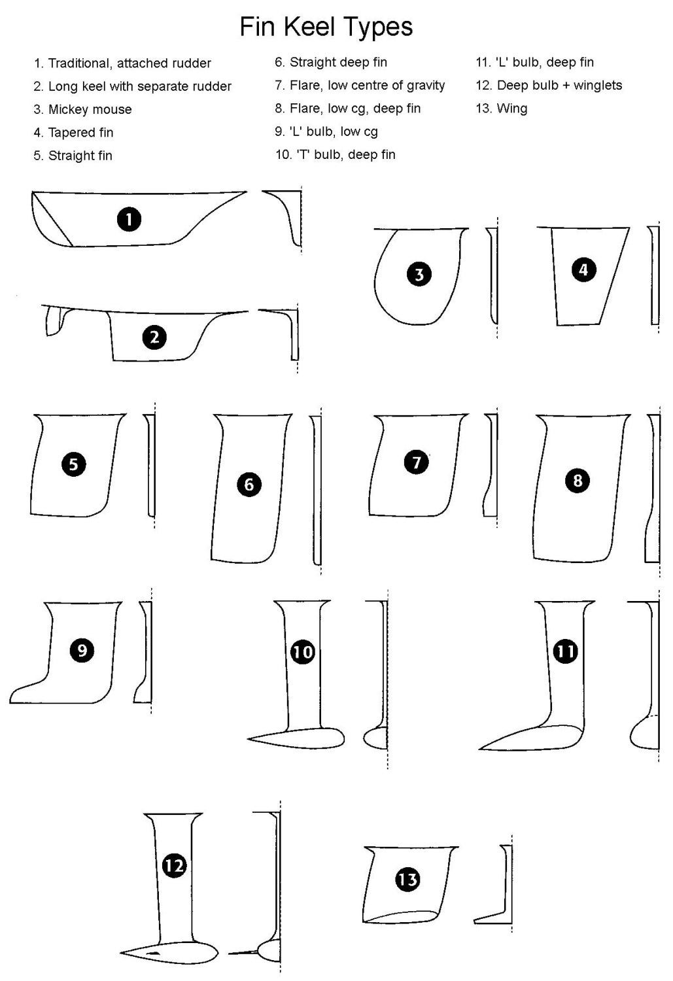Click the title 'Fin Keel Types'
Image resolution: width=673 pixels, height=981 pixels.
326,27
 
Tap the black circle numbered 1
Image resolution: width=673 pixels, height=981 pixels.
129,219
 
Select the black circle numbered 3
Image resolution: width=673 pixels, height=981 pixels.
419,275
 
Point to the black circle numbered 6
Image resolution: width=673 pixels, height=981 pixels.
249,485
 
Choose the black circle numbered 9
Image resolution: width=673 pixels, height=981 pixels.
82,650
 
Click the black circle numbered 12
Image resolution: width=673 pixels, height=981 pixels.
174,866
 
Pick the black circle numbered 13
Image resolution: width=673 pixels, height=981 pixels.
407,880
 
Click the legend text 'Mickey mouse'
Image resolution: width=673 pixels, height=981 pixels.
90,109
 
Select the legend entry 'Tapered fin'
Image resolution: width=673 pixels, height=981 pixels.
80,132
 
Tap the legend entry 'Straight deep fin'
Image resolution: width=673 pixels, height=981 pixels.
339,62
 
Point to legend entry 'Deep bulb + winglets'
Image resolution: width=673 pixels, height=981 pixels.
560,86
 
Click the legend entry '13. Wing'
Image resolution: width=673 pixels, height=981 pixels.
502,109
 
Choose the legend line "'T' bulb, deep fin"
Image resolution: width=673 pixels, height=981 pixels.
346,154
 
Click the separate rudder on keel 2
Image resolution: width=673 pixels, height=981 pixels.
54,321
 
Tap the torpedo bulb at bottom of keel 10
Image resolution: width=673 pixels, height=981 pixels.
296,738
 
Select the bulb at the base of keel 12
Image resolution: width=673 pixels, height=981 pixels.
169,951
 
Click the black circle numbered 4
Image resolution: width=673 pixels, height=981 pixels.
583,269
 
